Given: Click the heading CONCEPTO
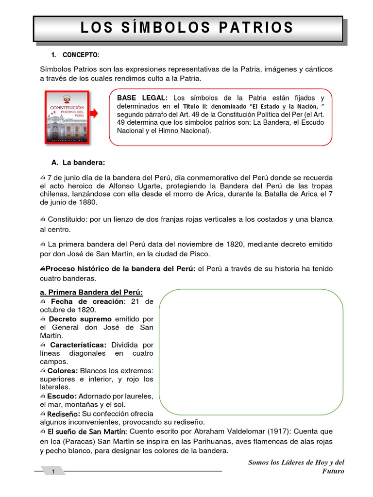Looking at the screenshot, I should [x=81, y=55].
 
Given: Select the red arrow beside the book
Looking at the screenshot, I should [x=95, y=114].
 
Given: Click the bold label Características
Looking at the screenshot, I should [x=78, y=345].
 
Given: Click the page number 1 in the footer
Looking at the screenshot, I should [x=54, y=471].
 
